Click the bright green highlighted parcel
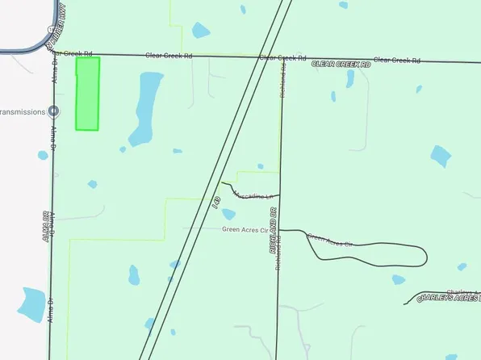coord(87,94)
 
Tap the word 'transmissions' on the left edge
coord(23,111)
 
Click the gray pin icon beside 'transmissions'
coord(53,111)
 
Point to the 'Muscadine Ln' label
coord(255,195)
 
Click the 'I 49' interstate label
coord(215,202)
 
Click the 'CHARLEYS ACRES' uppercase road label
coord(448,298)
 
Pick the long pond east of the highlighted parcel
coord(145,105)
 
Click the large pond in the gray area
coord(32,303)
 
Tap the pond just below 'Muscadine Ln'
coord(228,215)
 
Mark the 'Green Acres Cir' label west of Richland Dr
coord(244,229)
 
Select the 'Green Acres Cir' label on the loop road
coord(331,240)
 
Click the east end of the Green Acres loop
coord(425,255)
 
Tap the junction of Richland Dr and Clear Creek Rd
coord(282,58)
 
